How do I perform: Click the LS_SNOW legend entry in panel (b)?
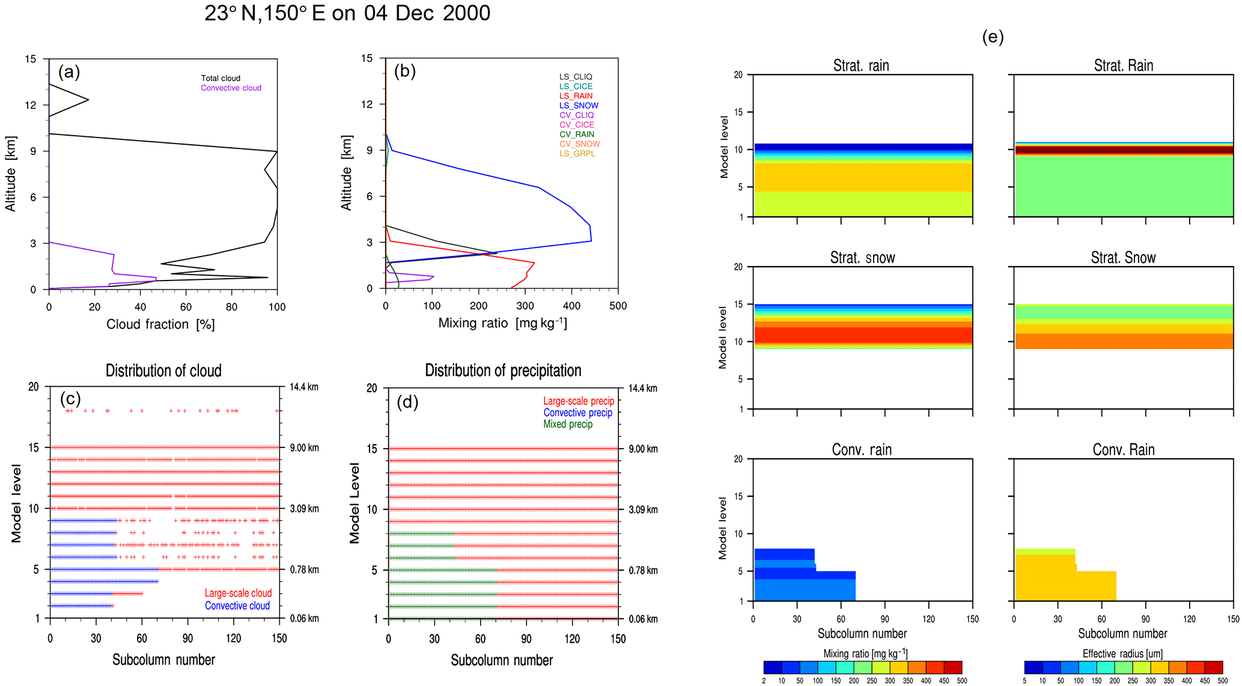pos(578,106)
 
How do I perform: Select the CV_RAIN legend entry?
pos(576,135)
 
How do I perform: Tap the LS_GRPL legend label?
pos(577,154)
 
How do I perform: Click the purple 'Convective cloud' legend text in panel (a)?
pos(231,88)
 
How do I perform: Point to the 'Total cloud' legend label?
pos(221,78)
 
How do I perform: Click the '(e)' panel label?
pos(993,37)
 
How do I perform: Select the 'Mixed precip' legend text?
pos(567,424)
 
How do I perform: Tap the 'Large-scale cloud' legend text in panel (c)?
pos(238,593)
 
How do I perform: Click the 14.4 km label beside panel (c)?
pos(304,387)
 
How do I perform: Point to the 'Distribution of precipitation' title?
pos(503,371)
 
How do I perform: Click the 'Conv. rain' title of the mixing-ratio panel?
pos(862,450)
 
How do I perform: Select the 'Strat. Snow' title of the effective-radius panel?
pos(1123,258)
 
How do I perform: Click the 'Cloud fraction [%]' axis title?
pos(160,324)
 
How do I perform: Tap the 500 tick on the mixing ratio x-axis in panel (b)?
pos(618,306)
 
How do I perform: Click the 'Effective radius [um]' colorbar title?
pos(1122,654)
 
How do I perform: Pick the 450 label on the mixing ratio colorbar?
pos(944,681)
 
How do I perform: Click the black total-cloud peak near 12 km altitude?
pos(88,100)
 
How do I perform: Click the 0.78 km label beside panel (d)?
pos(643,570)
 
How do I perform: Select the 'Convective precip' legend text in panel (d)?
pos(577,413)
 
